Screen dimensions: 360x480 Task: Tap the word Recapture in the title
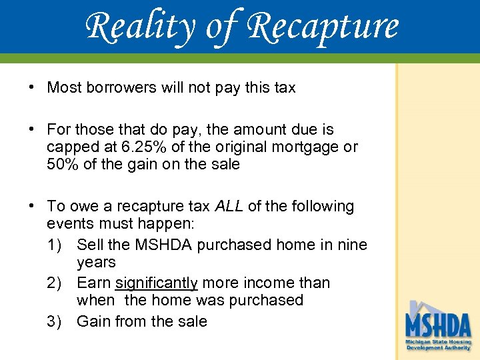(x=323, y=27)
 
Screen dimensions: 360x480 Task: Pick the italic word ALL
(x=229, y=207)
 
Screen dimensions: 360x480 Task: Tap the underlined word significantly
(x=156, y=283)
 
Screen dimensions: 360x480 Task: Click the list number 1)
(x=57, y=245)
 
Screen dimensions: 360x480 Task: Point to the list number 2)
(x=57, y=283)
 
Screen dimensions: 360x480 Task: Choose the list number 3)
(x=57, y=321)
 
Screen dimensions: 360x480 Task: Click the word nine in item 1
(x=351, y=245)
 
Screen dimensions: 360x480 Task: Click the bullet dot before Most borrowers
(x=32, y=87)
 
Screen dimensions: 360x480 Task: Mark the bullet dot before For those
(x=32, y=129)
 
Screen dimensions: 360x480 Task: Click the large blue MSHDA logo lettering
(x=438, y=325)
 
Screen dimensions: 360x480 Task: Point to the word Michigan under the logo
(x=419, y=342)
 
